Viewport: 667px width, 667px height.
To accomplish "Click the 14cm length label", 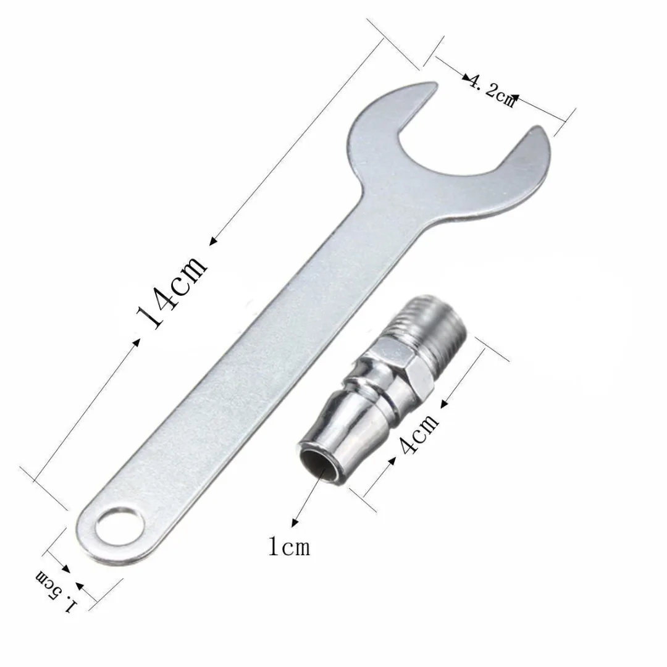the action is (x=172, y=292).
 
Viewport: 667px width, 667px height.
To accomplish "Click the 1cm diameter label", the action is (x=289, y=547).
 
